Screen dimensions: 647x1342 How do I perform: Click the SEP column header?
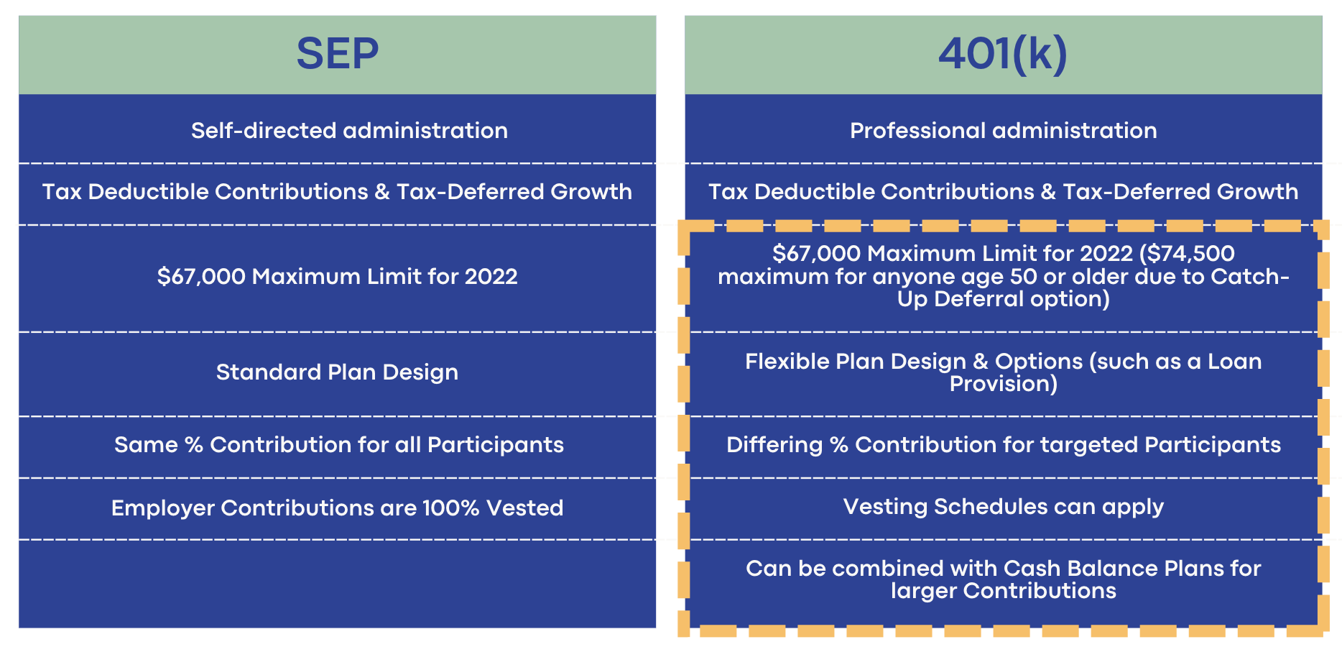click(337, 54)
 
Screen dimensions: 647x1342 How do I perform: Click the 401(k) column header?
click(1003, 54)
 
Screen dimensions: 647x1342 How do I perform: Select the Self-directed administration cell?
click(349, 131)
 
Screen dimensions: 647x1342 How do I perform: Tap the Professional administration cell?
click(1003, 131)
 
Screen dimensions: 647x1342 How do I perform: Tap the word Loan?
click(1234, 362)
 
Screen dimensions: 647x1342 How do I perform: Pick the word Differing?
click(774, 445)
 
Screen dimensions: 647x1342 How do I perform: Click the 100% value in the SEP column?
click(450, 508)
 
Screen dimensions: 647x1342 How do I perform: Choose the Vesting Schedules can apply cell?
click(1003, 507)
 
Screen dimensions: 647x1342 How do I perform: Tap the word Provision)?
click(1003, 384)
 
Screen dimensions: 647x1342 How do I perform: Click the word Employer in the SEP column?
click(163, 508)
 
